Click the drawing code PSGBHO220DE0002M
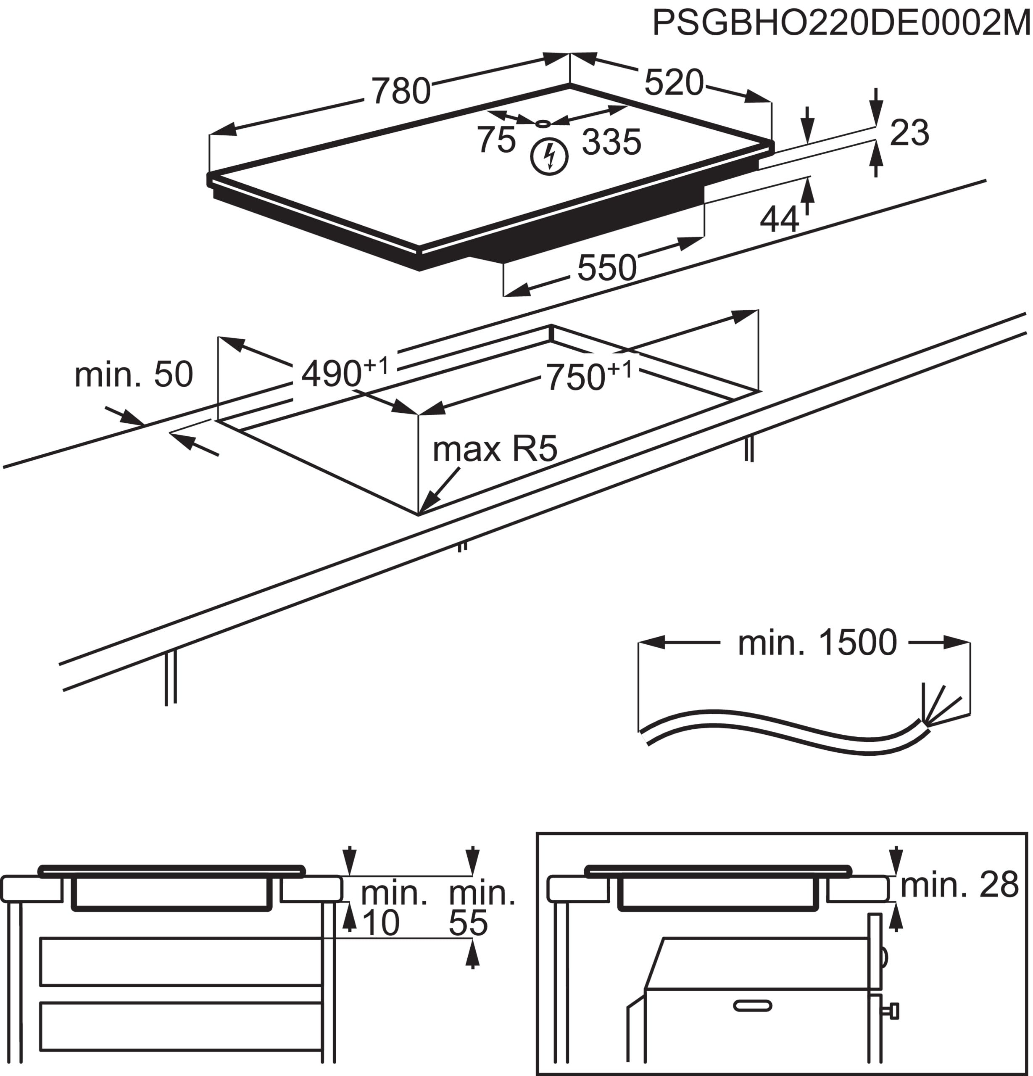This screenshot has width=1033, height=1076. (841, 23)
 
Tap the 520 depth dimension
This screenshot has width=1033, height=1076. (674, 83)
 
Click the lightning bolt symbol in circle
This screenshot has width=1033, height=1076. (549, 157)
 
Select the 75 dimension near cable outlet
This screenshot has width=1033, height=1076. (495, 140)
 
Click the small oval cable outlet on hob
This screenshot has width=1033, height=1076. (543, 124)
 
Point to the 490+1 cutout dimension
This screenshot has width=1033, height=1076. (344, 372)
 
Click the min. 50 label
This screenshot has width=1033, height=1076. (133, 374)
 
